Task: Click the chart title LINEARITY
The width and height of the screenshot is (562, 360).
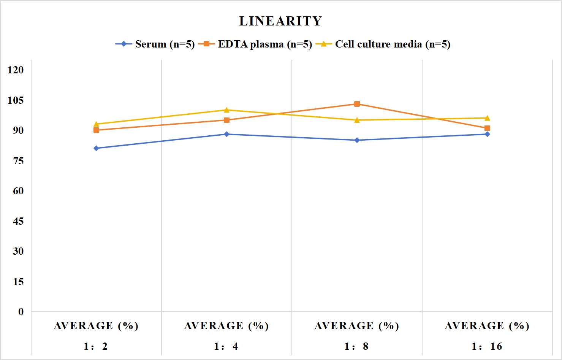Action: click(280, 21)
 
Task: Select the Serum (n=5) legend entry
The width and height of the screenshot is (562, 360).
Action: click(155, 44)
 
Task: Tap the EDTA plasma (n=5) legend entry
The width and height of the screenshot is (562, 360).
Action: click(255, 44)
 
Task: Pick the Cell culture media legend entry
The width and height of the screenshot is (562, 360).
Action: click(383, 44)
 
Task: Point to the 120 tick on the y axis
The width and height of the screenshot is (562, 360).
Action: click(16, 70)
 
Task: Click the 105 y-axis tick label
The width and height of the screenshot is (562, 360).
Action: click(16, 100)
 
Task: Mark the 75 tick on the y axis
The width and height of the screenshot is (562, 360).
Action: click(18, 161)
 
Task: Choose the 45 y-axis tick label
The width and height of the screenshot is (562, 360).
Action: click(18, 221)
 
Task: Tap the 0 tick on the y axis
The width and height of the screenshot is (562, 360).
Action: click(21, 312)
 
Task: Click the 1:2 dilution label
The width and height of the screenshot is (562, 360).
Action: click(96, 346)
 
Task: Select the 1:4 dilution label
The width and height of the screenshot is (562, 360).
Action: click(226, 346)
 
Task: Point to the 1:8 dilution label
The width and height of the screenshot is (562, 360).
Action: click(356, 346)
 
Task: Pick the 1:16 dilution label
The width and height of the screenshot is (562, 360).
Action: click(487, 346)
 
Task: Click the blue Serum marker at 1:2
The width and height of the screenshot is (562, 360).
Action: click(96, 148)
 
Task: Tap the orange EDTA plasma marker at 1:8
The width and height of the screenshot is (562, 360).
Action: click(357, 104)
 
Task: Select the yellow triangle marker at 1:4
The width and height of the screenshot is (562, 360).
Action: click(226, 110)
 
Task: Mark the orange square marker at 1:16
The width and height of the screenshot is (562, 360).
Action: click(487, 128)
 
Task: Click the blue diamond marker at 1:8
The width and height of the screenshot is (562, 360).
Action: click(357, 140)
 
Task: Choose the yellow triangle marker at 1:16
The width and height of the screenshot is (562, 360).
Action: click(487, 118)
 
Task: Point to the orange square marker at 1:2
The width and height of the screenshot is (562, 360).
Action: click(96, 130)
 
